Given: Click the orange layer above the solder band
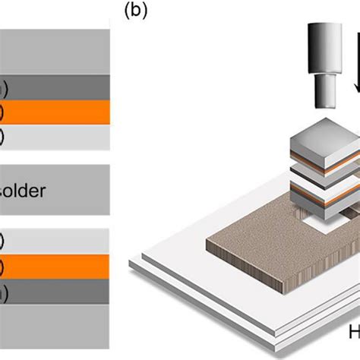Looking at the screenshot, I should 53,112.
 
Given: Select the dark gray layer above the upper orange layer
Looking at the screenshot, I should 53,88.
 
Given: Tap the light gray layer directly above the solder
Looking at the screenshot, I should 53,137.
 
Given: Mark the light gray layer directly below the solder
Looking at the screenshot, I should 53,242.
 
